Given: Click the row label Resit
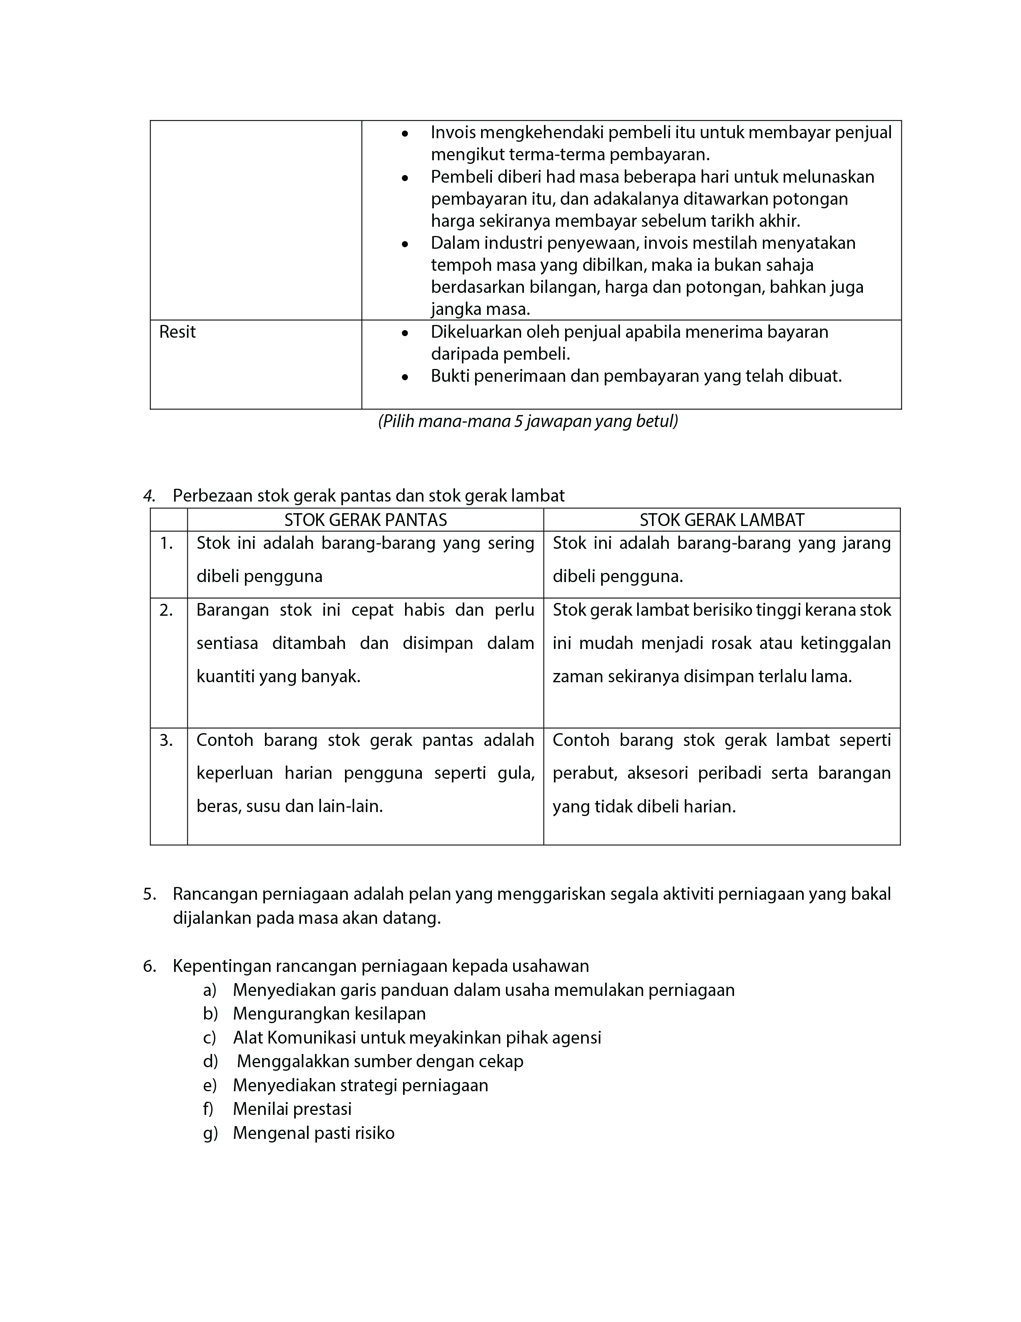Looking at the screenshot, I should [x=177, y=333].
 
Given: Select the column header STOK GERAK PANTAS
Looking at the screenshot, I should [x=365, y=520].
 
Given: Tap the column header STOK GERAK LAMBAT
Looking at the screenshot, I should [x=722, y=520].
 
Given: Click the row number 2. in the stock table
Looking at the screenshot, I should [x=166, y=610].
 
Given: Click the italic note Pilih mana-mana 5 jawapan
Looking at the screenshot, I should [x=528, y=421].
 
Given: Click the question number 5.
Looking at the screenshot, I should [x=149, y=894].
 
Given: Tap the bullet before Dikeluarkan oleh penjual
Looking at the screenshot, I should [x=405, y=333].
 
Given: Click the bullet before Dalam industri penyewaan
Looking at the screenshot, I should [x=405, y=244].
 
